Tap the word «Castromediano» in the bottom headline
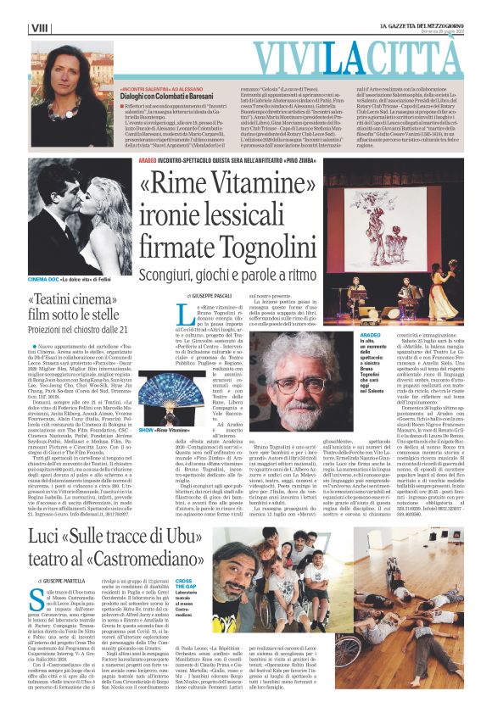[161, 567]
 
